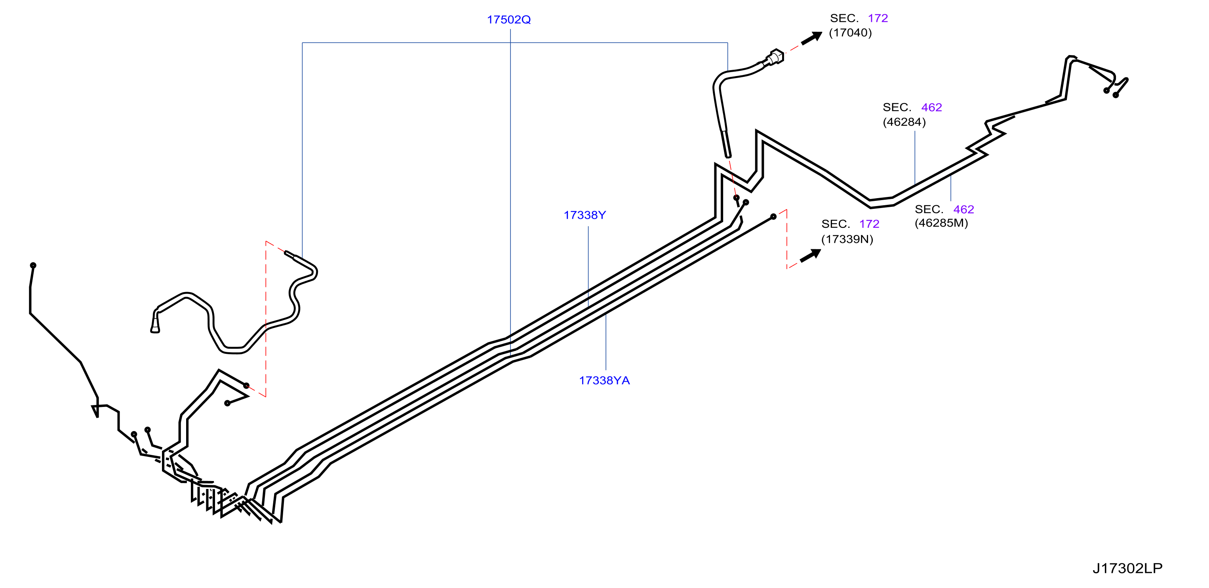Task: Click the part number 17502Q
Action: tap(509, 20)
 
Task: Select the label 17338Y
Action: tap(585, 215)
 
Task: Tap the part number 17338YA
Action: tap(604, 380)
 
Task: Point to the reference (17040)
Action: tap(851, 33)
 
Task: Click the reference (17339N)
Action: tap(847, 239)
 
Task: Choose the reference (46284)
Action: tap(904, 122)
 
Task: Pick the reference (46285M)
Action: tap(941, 223)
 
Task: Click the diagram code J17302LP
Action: tap(1127, 568)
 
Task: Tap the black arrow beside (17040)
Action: tap(811, 38)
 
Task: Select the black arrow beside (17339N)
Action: tap(811, 256)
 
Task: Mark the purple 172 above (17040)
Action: tap(878, 18)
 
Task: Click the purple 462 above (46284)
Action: tap(932, 107)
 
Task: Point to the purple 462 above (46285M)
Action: tap(963, 210)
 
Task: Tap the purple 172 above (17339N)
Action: tap(869, 224)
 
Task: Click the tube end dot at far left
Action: tap(33, 265)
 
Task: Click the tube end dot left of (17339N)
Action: tap(773, 216)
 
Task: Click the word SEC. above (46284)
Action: tap(897, 107)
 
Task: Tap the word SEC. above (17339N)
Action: tap(836, 224)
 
